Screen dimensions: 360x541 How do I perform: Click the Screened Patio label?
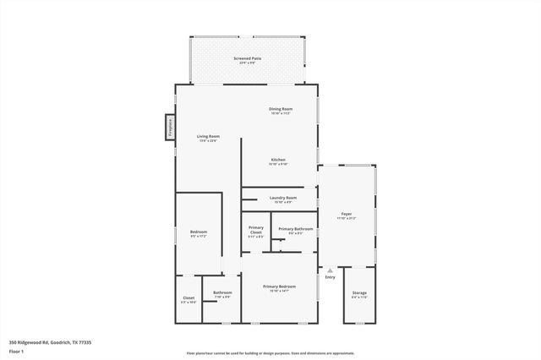point(247,58)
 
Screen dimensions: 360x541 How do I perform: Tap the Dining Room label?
point(281,109)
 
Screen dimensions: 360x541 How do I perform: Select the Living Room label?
point(209,136)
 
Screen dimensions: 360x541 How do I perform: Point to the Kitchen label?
point(278,160)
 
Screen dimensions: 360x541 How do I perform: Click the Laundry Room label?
point(282,198)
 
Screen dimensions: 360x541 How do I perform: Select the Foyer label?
point(347,214)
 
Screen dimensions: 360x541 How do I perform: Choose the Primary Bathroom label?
point(296,229)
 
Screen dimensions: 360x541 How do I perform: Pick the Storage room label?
point(359,292)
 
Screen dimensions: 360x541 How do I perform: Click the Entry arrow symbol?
point(331,270)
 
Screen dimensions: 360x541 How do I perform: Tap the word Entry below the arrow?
point(331,277)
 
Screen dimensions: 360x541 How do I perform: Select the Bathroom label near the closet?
point(222,293)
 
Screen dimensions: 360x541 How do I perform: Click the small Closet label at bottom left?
point(189,297)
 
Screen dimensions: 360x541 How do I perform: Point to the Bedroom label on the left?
point(199,232)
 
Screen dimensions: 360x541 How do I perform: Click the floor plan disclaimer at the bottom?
point(270,353)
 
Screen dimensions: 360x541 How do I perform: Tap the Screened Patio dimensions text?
point(247,63)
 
